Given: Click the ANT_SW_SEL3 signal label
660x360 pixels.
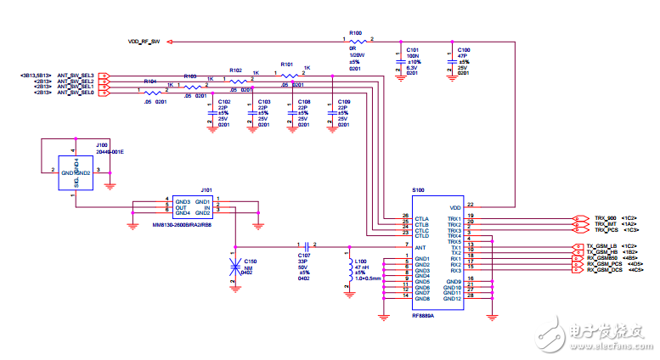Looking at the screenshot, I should (76, 76).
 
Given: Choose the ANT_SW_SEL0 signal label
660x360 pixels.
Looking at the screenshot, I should (76, 93).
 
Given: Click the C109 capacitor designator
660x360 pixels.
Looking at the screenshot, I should (343, 101).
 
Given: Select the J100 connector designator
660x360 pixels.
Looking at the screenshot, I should (102, 144).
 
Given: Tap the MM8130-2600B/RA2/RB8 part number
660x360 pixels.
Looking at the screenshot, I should (182, 225).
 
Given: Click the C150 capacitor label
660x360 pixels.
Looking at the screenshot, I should (251, 261).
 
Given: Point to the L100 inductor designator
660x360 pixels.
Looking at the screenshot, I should (360, 261).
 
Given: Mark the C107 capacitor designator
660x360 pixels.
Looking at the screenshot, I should (304, 255).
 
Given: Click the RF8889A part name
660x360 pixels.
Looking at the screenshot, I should (423, 314).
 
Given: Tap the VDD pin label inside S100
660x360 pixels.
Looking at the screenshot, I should (454, 205).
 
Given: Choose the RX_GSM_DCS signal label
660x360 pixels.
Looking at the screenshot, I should (605, 270).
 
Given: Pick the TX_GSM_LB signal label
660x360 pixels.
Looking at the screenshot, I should (604, 246).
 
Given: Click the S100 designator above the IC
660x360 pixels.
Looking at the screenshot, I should (418, 190).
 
